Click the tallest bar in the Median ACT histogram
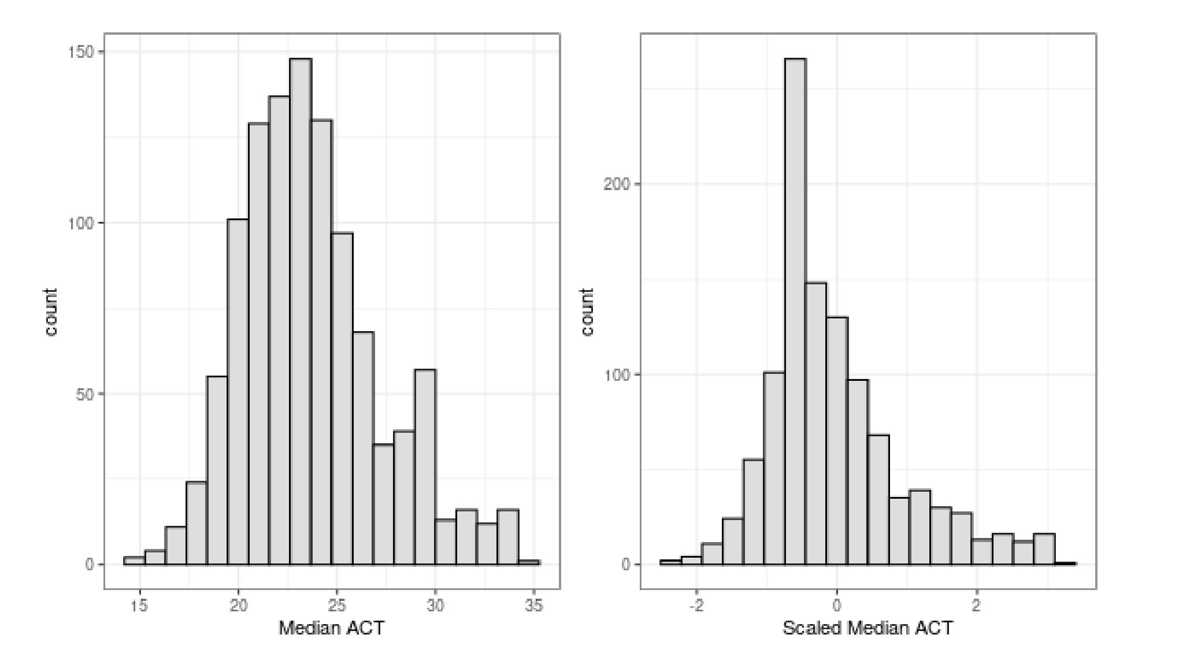pos(301,312)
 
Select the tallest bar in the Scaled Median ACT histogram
pos(795,312)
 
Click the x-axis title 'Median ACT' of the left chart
pos(331,628)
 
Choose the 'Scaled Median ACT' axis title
pos(867,628)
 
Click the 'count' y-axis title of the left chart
pos(51,312)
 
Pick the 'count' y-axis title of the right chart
pos(587,312)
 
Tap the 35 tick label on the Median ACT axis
pos(535,606)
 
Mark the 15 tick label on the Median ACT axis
pos(139,606)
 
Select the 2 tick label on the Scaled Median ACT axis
pos(977,606)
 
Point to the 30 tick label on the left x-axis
pos(436,606)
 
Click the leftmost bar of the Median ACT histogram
pos(134,561)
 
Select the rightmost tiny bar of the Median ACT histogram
pos(529,562)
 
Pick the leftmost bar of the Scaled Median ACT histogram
pos(670,562)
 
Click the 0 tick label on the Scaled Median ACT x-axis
pos(836,606)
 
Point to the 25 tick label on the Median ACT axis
pos(337,606)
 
